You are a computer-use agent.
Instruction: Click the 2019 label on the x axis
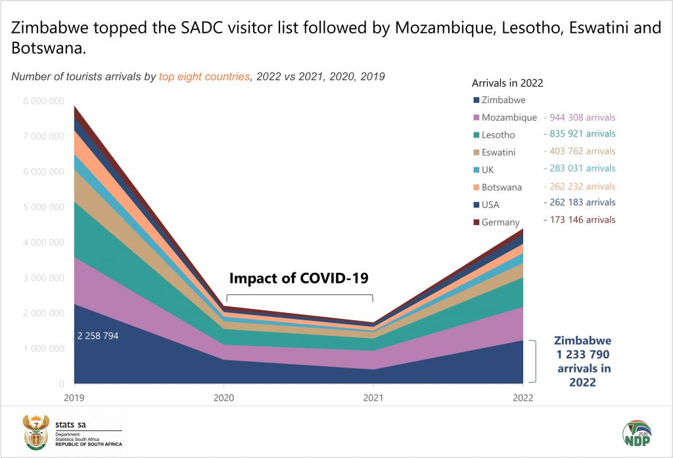[74, 398]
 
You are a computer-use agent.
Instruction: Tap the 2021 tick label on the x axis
[373, 398]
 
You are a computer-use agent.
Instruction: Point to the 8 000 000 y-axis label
[43, 101]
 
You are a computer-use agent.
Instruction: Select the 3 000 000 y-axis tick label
[43, 278]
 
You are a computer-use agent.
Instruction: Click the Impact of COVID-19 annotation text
[298, 278]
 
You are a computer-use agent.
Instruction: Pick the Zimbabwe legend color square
[475, 100]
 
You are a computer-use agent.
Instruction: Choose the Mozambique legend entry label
[509, 118]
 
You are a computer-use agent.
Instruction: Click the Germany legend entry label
[500, 222]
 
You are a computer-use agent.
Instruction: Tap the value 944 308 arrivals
[579, 117]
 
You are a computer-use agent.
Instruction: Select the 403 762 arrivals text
[579, 152]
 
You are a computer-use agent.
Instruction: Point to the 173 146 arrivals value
[579, 220]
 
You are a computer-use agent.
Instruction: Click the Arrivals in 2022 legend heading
[507, 83]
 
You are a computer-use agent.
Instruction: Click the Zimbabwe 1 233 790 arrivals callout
[582, 361]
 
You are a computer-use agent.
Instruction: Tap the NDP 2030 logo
[636, 434]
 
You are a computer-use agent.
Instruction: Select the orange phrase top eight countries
[204, 77]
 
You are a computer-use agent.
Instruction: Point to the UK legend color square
[475, 170]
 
